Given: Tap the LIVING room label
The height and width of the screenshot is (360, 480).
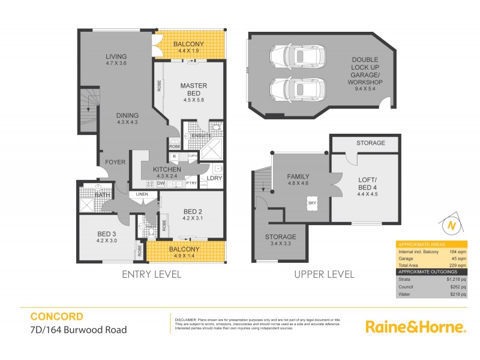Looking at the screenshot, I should pyautogui.click(x=116, y=56).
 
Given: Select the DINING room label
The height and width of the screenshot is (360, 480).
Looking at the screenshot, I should pyautogui.click(x=128, y=115).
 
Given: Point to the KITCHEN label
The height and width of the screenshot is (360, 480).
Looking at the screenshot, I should pyautogui.click(x=167, y=169).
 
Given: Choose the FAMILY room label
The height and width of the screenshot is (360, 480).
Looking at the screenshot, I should pyautogui.click(x=298, y=176).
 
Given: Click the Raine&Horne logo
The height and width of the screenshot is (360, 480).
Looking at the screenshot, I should pyautogui.click(x=416, y=326).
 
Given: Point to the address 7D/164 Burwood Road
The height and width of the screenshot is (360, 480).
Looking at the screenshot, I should pyautogui.click(x=78, y=329).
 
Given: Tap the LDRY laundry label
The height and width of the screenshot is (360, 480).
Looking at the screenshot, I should pyautogui.click(x=214, y=179).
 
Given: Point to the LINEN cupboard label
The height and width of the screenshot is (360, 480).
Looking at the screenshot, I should pyautogui.click(x=142, y=194).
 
